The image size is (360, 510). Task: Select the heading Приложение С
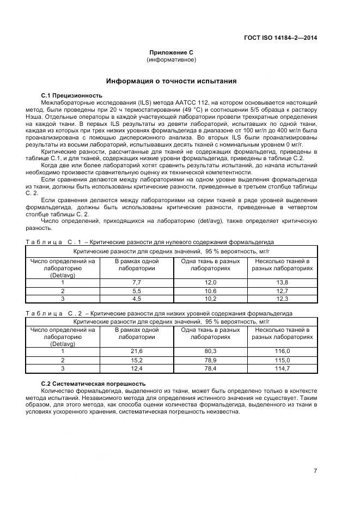coord(172,52)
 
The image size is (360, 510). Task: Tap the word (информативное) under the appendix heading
coord(172,59)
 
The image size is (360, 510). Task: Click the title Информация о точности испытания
coord(171,81)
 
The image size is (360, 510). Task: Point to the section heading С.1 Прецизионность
coord(71,95)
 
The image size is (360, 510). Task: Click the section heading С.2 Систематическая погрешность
coord(93,384)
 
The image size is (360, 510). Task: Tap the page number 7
coord(315,471)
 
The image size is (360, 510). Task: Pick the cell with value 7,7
coord(137,282)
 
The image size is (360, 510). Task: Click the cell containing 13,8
coord(282,282)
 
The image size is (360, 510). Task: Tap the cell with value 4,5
coord(137,299)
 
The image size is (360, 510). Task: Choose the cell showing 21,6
coord(137,351)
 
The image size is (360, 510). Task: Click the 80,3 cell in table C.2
coord(210,351)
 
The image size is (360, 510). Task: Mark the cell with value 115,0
coord(282,360)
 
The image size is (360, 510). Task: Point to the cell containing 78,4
coord(210,369)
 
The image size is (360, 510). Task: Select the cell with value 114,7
coord(282,369)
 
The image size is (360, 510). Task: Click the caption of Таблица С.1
coord(150,241)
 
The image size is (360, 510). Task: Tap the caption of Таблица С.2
coord(159,313)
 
